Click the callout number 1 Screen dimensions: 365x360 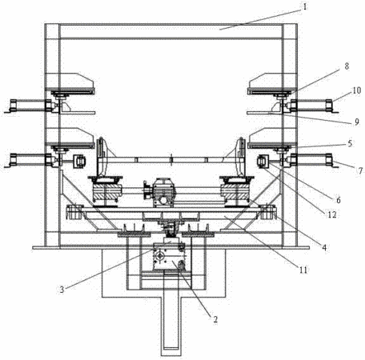coord(305,6)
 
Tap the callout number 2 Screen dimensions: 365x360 coord(215,319)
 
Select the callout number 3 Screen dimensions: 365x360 coord(62,290)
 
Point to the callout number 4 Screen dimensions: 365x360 coord(324,247)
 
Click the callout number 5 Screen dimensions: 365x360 coord(350,143)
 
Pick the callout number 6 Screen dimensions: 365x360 coord(339,200)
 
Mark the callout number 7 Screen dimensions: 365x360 coord(360,170)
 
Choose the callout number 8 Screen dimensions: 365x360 coord(347,66)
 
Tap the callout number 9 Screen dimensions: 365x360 coord(357,122)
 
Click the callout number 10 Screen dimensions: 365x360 coord(357,90)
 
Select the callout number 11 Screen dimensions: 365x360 coord(303,270)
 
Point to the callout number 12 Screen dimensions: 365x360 coord(332,214)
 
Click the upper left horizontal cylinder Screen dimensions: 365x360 coord(31,106)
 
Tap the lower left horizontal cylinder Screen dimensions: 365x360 coord(31,160)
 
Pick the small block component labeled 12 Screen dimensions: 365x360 coord(263,162)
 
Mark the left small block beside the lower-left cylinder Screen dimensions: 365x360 coord(79,162)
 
